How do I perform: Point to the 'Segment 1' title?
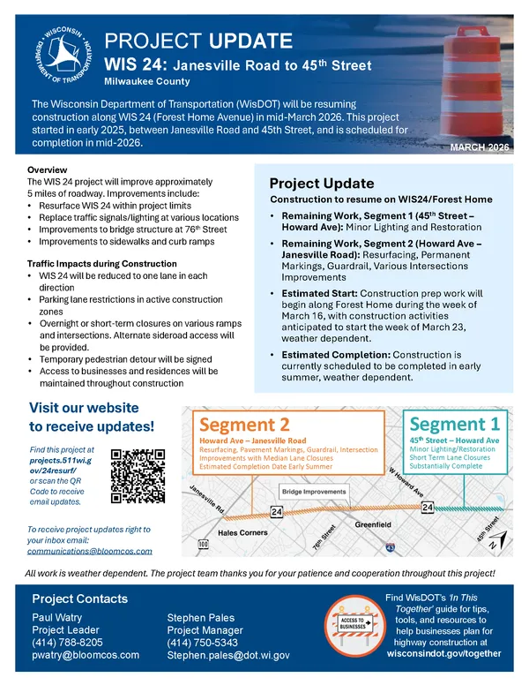click(454, 424)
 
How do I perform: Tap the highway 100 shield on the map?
click(204, 545)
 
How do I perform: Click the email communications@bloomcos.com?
click(89, 550)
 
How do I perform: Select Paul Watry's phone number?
click(67, 643)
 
